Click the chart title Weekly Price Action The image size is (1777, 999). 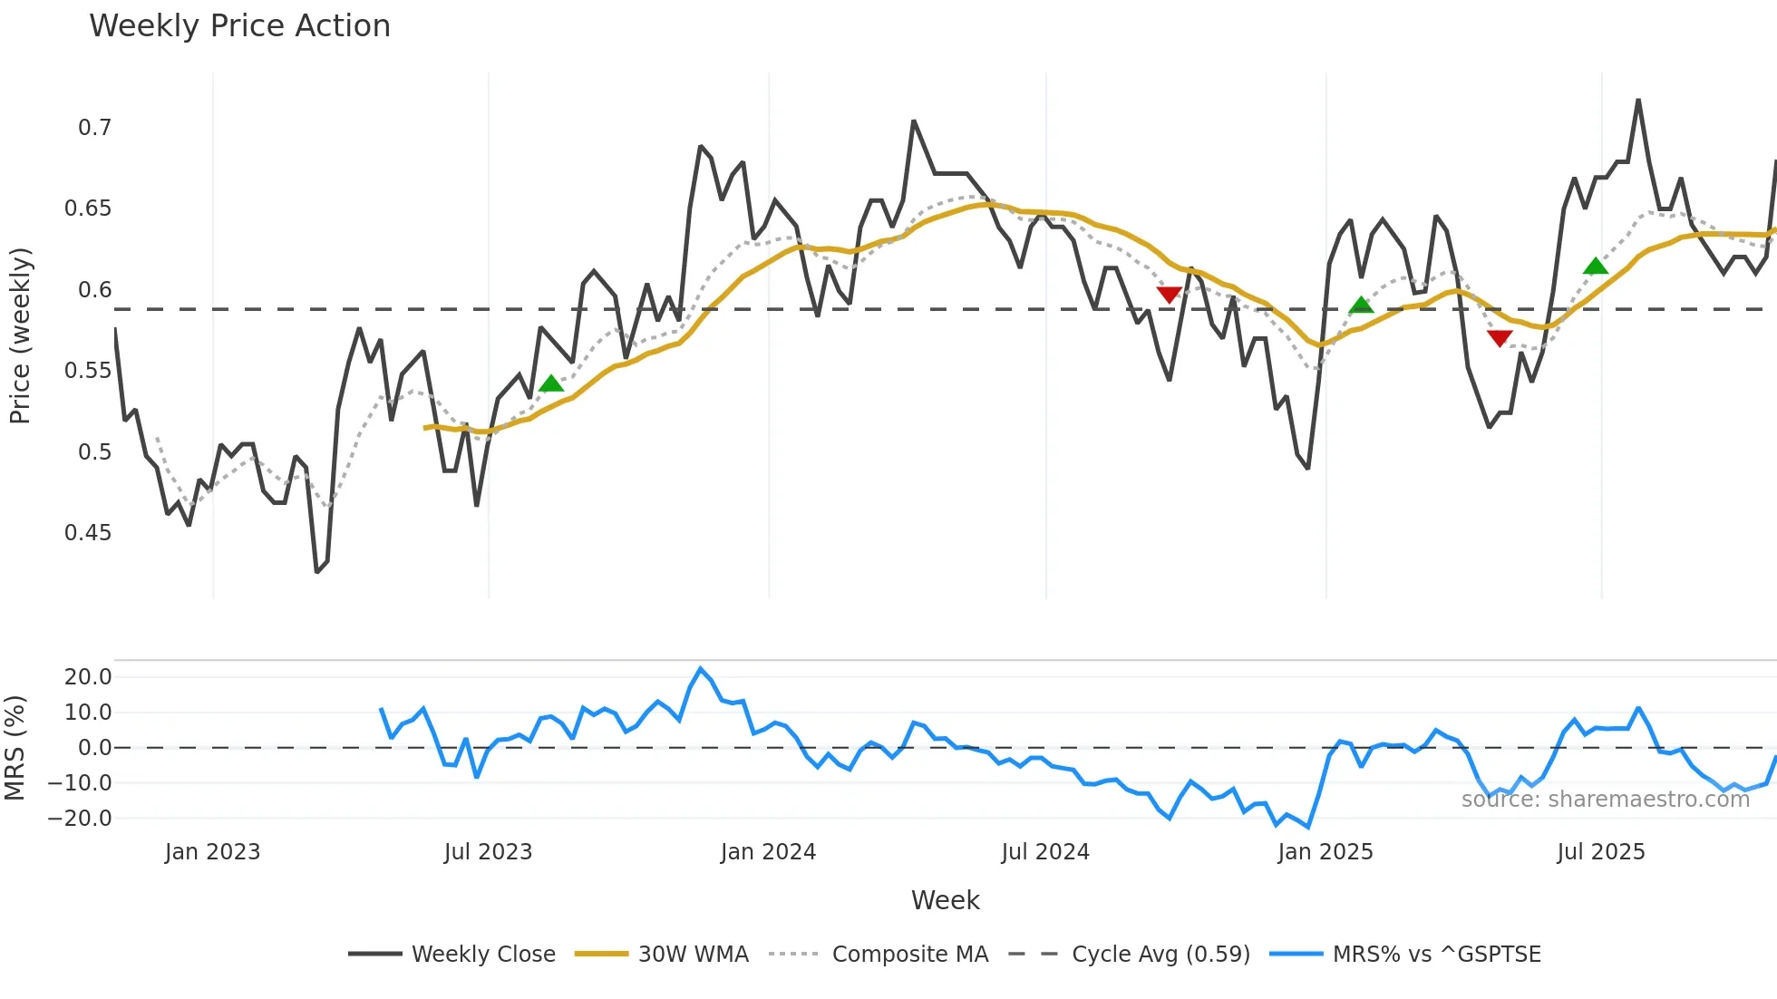tap(239, 26)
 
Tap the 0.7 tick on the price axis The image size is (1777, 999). tap(94, 128)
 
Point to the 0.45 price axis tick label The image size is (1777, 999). tap(88, 533)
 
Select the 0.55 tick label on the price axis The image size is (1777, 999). tap(88, 371)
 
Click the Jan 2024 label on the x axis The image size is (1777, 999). tap(768, 852)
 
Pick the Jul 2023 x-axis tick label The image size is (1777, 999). tap(488, 852)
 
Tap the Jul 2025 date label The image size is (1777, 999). tap(1600, 852)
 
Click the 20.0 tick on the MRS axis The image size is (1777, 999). tap(88, 677)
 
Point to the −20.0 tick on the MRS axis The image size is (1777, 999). tap(80, 819)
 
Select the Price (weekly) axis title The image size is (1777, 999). tap(20, 335)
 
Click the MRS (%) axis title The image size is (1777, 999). tap(15, 748)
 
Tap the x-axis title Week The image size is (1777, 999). tap(945, 900)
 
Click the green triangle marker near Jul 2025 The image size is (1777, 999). tap(1595, 267)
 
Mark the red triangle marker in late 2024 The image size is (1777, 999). tap(1169, 295)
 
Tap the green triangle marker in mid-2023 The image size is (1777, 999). tap(551, 383)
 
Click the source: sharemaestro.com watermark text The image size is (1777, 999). tap(1605, 800)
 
